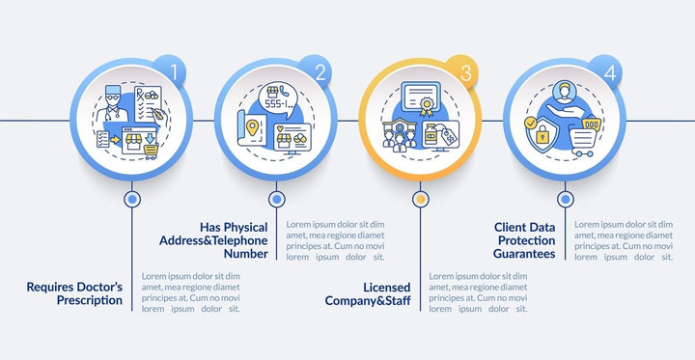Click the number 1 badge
point(173,72)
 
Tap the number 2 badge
point(318,72)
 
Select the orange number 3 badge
point(464,72)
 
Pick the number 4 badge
point(608,72)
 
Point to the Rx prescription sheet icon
point(148,104)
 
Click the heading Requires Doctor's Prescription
point(75,293)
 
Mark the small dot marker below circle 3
point(420,200)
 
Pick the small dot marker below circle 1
point(132,200)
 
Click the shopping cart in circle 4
point(583,141)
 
